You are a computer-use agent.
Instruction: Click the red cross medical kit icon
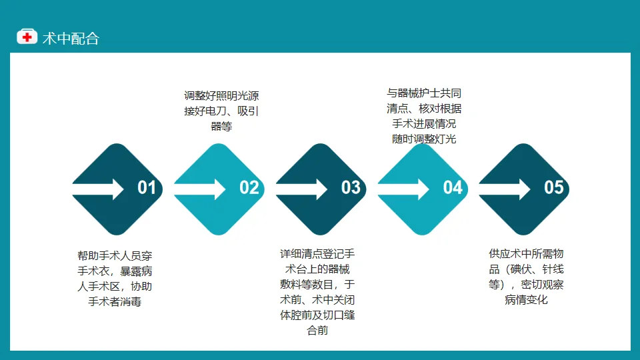coord(27,37)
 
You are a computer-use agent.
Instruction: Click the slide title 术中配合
coord(71,39)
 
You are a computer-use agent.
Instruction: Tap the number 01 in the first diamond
coord(147,188)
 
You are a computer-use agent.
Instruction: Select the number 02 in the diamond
coord(249,188)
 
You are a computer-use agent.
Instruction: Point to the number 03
coord(351,188)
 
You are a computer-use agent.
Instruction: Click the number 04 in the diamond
coord(453,188)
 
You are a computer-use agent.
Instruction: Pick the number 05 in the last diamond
coord(554,188)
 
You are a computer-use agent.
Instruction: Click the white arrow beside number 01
coord(98,189)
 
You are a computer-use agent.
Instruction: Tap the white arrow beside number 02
coord(199,189)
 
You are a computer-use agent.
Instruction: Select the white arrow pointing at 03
coord(301,189)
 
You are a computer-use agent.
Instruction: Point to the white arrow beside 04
coord(403,189)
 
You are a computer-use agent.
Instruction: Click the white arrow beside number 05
coord(505,189)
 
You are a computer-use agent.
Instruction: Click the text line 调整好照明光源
coord(221,96)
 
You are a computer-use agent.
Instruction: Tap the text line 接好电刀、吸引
coord(221,111)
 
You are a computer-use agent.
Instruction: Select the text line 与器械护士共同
coord(424,93)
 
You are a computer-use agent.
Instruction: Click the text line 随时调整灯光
coord(424,139)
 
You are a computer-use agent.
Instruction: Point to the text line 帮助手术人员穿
coord(115,256)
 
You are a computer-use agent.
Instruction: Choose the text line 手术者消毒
coord(115,301)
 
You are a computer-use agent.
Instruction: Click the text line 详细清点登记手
coord(317,254)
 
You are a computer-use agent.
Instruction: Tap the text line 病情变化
coord(526,299)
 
